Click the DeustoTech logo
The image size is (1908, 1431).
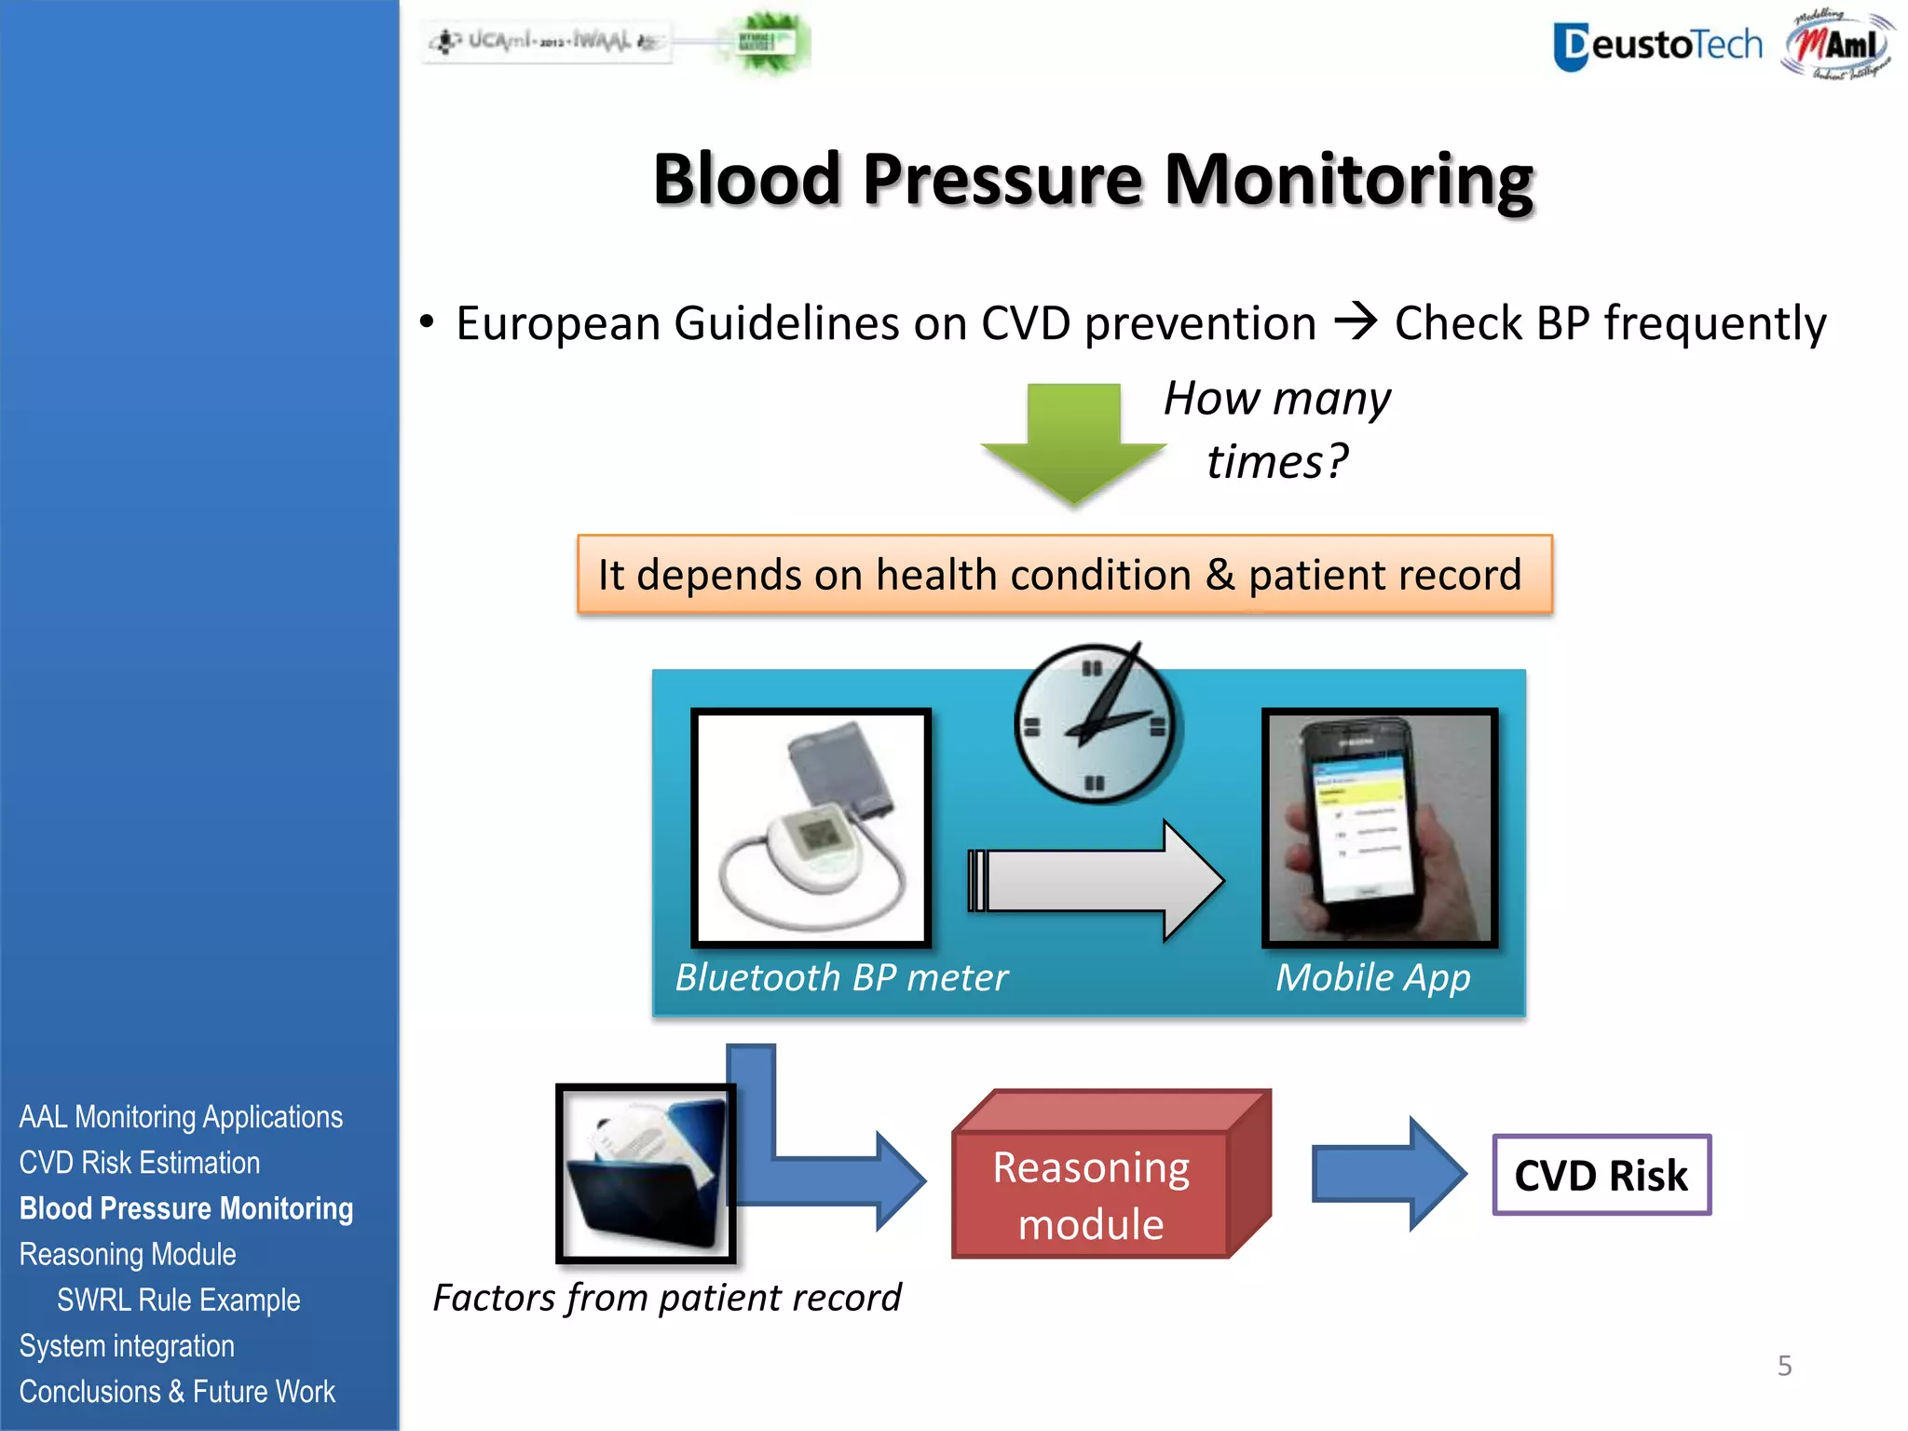coord(1657,45)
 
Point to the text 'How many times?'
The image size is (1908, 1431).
coord(1276,429)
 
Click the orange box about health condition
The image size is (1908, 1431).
coord(1064,574)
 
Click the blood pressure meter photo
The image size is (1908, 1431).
coord(811,826)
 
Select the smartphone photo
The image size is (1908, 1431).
coord(1380,826)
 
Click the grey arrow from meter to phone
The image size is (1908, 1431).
coord(1095,880)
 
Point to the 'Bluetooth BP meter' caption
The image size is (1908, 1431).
coord(840,977)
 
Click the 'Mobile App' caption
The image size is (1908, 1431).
coord(1372,977)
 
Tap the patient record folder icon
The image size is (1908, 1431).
coord(646,1173)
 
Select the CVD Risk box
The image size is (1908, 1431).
coord(1601,1175)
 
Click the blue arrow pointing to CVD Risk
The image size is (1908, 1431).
coord(1387,1174)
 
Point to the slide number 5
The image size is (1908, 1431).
coord(1784,1366)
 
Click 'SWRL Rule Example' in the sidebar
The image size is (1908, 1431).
coord(178,1300)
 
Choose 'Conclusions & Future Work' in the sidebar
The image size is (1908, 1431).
coord(177,1391)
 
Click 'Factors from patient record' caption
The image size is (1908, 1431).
coord(666,1298)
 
